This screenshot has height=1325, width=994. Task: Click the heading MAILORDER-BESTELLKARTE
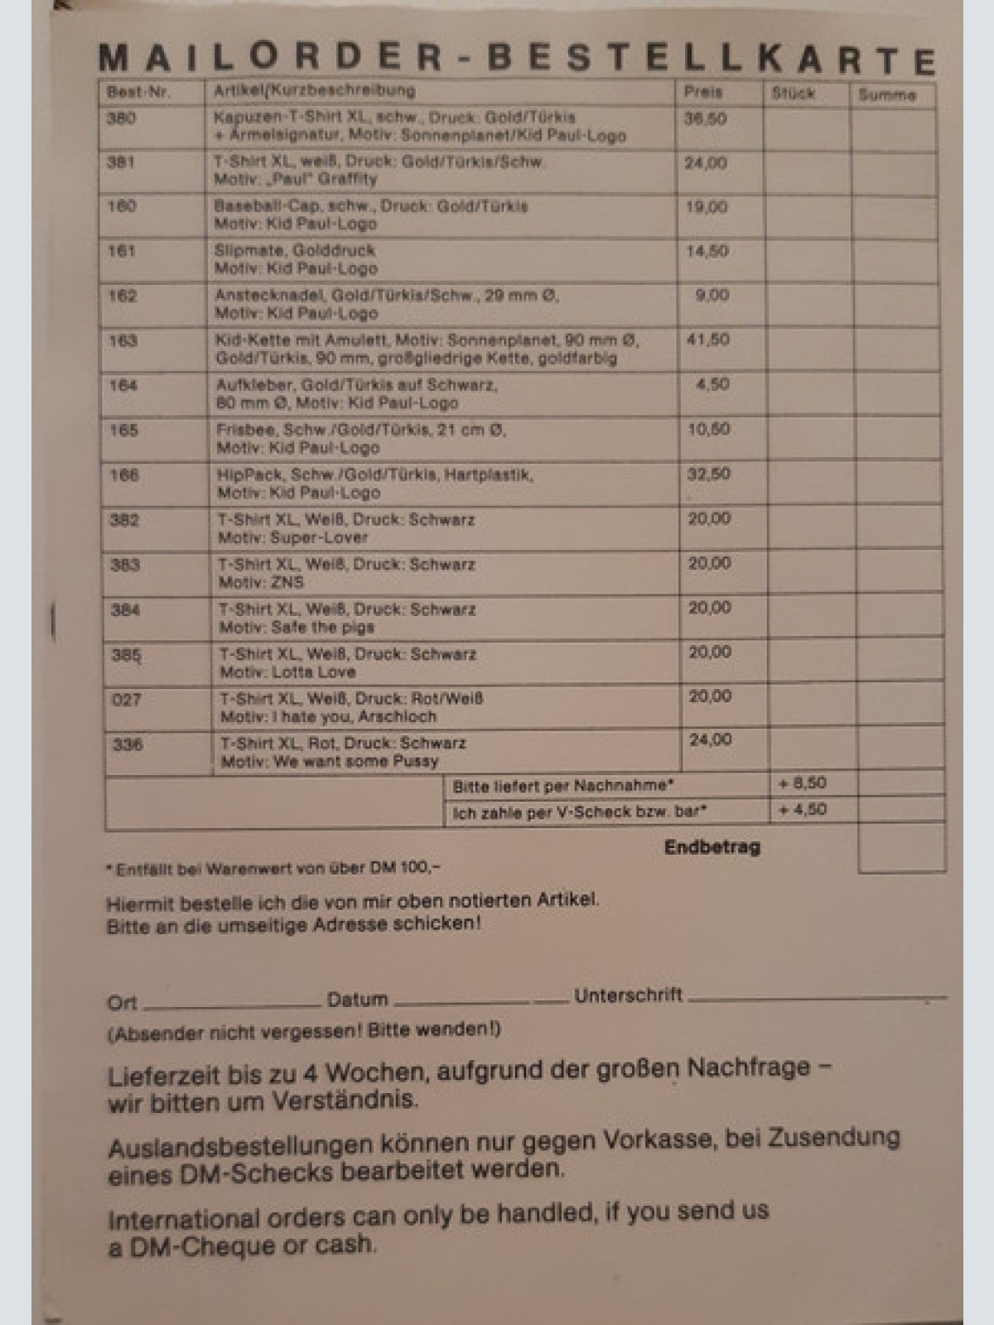pyautogui.click(x=517, y=58)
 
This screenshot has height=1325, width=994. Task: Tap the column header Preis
pyautogui.click(x=702, y=92)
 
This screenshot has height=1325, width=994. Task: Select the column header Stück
pyautogui.click(x=793, y=94)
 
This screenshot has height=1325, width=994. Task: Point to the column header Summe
pyautogui.click(x=887, y=95)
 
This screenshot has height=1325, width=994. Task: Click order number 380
pyautogui.click(x=121, y=118)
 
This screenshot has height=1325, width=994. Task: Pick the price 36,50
pyautogui.click(x=705, y=119)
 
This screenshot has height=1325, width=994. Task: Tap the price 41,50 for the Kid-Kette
pyautogui.click(x=708, y=340)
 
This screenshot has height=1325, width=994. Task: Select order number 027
pyautogui.click(x=126, y=700)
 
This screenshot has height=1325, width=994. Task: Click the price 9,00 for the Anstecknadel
pyautogui.click(x=712, y=295)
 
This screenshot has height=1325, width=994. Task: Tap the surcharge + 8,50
pyautogui.click(x=802, y=783)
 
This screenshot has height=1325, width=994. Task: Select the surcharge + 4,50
pyautogui.click(x=802, y=810)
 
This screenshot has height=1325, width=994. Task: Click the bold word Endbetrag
pyautogui.click(x=712, y=847)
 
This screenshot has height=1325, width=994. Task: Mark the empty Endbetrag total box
pyautogui.click(x=901, y=847)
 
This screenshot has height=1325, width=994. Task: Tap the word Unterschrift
pyautogui.click(x=628, y=995)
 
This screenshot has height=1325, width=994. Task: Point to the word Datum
pyautogui.click(x=357, y=1000)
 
